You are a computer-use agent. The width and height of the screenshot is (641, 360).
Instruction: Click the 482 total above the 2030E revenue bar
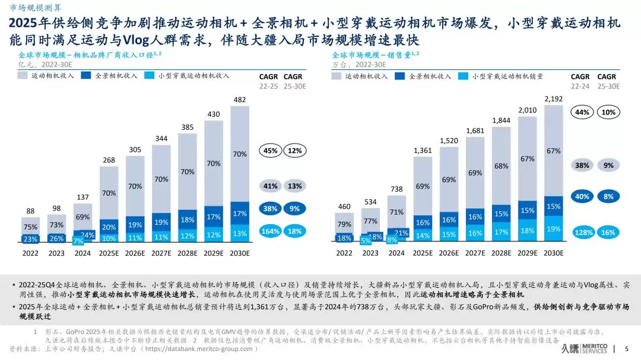[x=240, y=100]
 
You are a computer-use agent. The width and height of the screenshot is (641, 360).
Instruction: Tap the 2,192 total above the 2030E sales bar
[x=553, y=98]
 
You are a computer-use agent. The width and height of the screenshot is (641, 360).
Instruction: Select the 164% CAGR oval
[x=270, y=231]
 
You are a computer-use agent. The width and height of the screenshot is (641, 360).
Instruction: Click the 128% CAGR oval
[x=583, y=232]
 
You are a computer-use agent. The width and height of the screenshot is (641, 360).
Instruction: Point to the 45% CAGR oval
[x=270, y=151]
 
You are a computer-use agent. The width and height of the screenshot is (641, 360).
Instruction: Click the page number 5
[x=627, y=349]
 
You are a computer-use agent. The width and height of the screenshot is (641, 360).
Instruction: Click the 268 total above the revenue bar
[x=109, y=160]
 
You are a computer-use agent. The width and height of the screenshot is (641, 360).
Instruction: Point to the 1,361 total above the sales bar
[x=423, y=150]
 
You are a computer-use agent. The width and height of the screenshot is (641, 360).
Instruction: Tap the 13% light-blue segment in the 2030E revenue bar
[x=240, y=234]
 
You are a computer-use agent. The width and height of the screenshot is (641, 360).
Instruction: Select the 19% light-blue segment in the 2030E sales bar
[x=553, y=229]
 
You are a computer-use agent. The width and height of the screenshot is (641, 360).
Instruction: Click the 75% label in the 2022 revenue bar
[x=31, y=227]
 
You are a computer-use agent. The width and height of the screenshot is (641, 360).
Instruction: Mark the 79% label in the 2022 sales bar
[x=344, y=224]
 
